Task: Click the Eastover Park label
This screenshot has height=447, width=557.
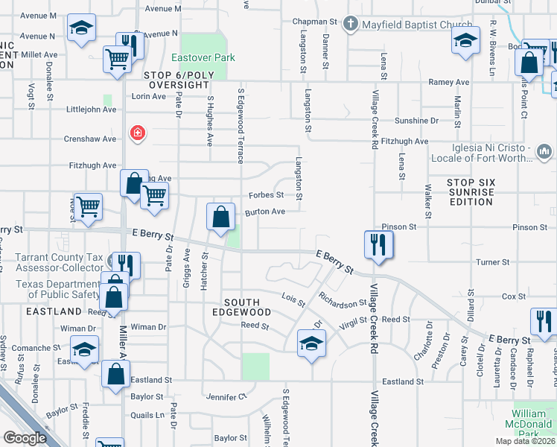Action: tap(203, 57)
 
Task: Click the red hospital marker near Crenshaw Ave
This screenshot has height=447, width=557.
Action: tap(137, 134)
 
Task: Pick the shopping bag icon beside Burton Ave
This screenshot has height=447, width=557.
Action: tap(221, 218)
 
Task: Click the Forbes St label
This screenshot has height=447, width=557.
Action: tap(266, 195)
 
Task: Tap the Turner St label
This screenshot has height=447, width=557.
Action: tap(493, 262)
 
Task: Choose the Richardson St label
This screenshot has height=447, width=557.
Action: tap(343, 303)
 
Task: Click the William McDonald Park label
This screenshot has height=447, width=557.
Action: tap(533, 419)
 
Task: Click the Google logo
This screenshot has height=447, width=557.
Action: tap(25, 437)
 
